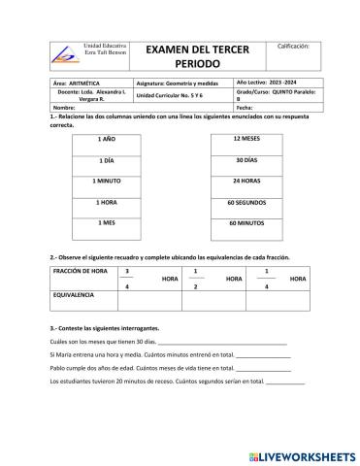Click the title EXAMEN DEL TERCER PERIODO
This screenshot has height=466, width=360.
(x=197, y=54)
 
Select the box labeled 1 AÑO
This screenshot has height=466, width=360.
(x=107, y=139)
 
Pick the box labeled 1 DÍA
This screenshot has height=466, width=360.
(x=107, y=160)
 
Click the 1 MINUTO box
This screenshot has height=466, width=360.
(x=107, y=181)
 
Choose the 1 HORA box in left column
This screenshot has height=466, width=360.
(x=107, y=202)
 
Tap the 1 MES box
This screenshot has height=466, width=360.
(x=107, y=222)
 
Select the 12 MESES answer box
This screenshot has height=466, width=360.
(x=245, y=139)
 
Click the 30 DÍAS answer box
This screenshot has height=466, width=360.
(x=245, y=160)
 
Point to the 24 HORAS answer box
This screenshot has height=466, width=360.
(x=245, y=181)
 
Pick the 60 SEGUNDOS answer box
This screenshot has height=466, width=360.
(x=245, y=202)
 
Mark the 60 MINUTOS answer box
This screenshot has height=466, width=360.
(x=245, y=222)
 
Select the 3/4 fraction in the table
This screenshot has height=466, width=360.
(x=127, y=279)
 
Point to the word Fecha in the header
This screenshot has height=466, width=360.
(x=245, y=107)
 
